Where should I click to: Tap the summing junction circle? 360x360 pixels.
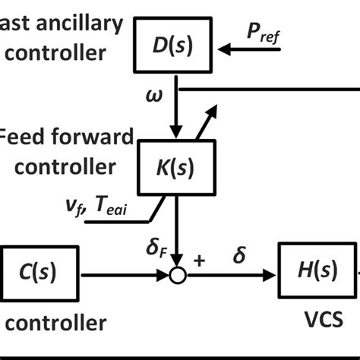pos(178,275)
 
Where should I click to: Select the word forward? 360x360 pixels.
pos(90,137)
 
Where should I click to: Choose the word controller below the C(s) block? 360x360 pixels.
pos(53,324)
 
